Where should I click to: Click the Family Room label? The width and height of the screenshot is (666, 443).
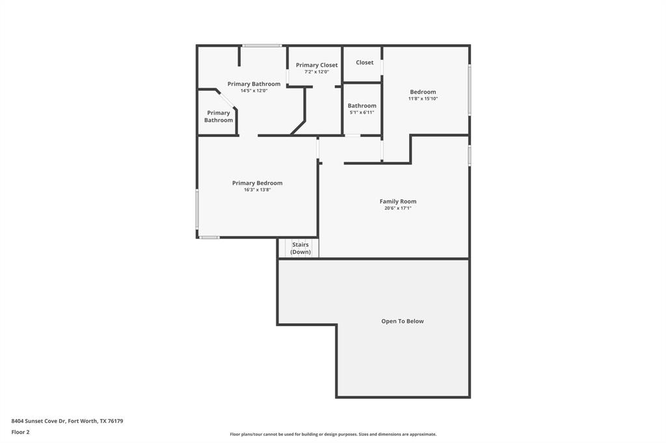click(x=398, y=201)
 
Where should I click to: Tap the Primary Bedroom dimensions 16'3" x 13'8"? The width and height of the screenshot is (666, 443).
click(x=258, y=190)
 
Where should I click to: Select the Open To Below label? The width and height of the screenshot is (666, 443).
click(x=403, y=321)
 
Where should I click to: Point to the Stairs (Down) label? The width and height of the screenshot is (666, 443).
click(x=300, y=248)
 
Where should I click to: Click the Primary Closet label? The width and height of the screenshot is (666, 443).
click(x=317, y=65)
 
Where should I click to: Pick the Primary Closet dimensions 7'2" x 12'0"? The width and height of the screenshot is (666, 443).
click(x=317, y=71)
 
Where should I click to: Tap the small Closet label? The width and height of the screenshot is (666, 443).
click(x=365, y=62)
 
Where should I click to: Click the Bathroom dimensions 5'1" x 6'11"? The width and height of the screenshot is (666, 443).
click(x=362, y=112)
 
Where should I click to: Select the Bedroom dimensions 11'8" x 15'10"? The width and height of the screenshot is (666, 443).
click(x=423, y=99)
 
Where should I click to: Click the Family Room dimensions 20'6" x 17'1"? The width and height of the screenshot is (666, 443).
click(x=398, y=208)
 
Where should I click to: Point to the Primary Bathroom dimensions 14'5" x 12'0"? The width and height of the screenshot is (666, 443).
click(x=254, y=90)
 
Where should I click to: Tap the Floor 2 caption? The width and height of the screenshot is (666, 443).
click(x=20, y=432)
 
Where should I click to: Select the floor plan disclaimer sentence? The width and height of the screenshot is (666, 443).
click(x=333, y=434)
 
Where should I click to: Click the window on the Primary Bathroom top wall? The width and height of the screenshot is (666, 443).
click(x=262, y=45)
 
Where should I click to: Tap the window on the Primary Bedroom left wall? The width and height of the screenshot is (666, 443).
click(x=197, y=209)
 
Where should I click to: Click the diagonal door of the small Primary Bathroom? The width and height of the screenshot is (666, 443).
click(x=226, y=99)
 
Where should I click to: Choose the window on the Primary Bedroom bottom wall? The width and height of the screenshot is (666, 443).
click(x=209, y=237)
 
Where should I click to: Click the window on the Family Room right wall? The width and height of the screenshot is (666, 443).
click(x=470, y=155)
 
